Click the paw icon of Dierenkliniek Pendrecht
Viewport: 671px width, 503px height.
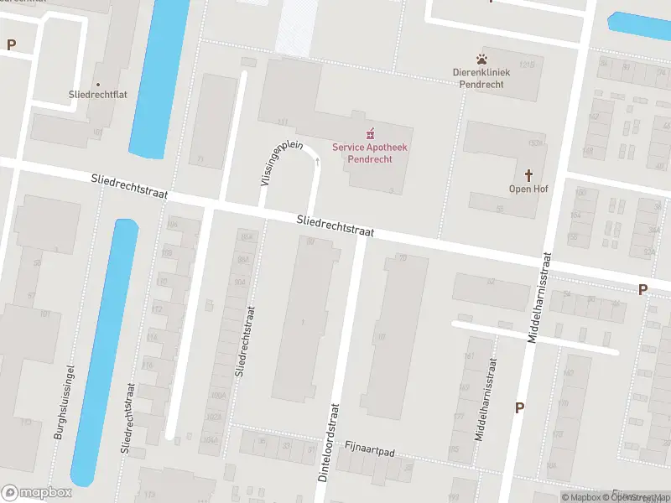(482, 59)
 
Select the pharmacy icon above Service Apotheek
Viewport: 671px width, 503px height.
(370, 133)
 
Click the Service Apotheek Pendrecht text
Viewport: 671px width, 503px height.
(370, 153)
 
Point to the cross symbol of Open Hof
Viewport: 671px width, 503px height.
(528, 175)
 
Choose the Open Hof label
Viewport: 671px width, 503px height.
(528, 189)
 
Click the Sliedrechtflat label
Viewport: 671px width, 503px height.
(97, 96)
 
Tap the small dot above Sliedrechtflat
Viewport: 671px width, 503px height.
(98, 84)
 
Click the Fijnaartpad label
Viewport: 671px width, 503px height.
(369, 453)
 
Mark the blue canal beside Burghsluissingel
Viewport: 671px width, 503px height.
(105, 352)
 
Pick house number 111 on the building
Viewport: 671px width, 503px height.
(282, 122)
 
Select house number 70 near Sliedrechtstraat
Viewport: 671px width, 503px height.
(403, 257)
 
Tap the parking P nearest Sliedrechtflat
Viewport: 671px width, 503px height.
(11, 44)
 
